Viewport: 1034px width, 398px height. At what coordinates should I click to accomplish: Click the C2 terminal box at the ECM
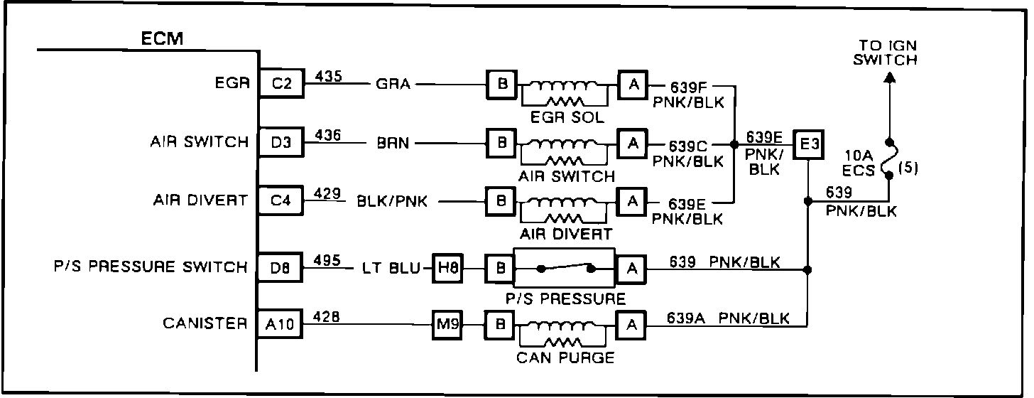click(281, 84)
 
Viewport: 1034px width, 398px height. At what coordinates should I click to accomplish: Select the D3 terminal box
click(281, 143)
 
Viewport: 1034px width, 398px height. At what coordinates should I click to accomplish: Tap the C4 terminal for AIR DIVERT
click(281, 201)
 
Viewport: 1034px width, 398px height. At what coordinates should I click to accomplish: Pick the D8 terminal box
click(281, 268)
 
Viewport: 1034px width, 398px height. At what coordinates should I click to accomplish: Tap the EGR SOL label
click(566, 118)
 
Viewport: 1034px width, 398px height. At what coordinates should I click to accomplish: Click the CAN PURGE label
click(566, 357)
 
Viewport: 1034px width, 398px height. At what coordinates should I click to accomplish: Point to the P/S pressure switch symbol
click(566, 268)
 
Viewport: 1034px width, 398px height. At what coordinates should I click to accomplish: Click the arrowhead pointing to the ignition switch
click(888, 82)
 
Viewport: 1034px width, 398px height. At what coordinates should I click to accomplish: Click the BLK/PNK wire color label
click(392, 201)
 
